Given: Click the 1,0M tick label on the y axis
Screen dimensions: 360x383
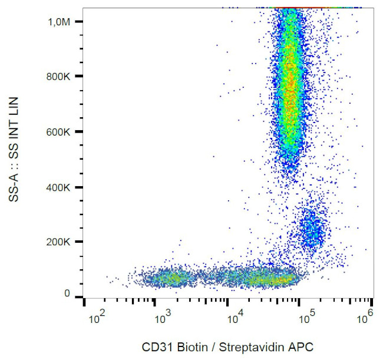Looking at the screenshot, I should click(x=60, y=22).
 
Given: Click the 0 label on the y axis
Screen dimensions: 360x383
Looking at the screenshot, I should click(x=67, y=293).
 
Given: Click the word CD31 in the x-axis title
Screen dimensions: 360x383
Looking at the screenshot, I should click(x=155, y=346).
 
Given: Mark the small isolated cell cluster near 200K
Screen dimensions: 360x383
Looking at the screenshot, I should click(x=311, y=229).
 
